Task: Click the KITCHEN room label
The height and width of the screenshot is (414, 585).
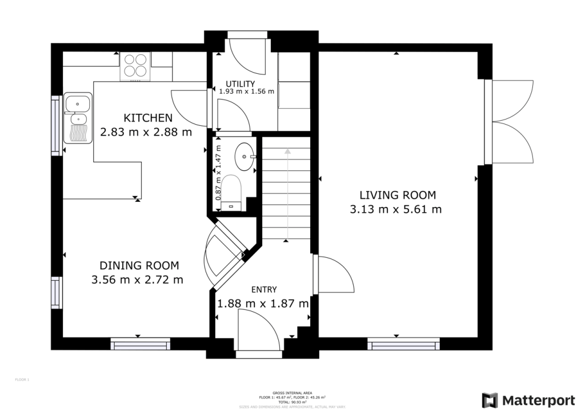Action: (148, 118)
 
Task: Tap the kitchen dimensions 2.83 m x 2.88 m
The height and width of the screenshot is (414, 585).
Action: (146, 132)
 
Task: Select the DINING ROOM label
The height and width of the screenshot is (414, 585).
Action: (139, 265)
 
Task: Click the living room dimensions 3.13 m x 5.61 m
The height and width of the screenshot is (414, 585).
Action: (395, 209)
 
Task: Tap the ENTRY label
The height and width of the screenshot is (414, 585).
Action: (263, 289)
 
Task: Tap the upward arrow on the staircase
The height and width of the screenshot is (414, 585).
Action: (287, 151)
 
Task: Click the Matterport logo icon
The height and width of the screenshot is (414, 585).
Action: (490, 400)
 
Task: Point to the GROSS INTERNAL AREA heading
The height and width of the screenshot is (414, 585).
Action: (292, 392)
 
